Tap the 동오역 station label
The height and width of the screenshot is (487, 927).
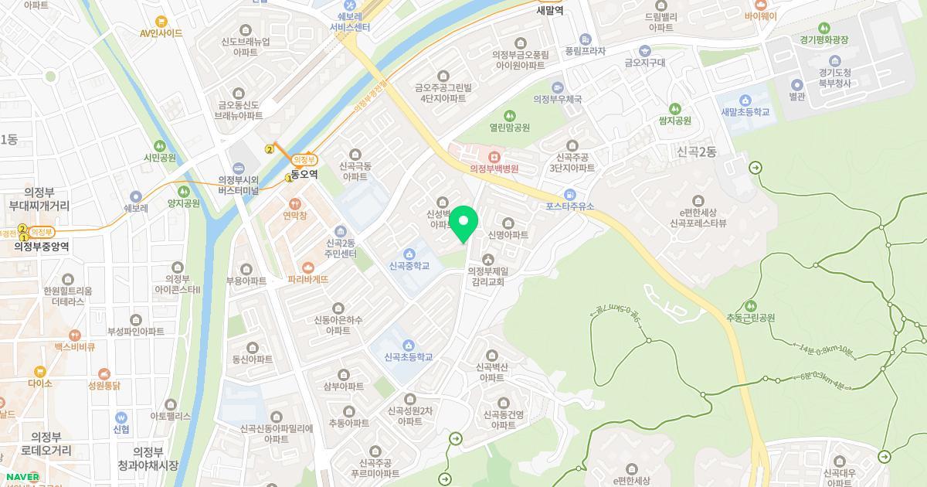304,175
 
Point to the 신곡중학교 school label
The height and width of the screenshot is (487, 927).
409,266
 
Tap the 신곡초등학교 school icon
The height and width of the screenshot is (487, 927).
408,345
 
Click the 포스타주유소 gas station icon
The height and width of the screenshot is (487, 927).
570,194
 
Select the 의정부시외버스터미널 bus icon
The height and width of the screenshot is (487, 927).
238,168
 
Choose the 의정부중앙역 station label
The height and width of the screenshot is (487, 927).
42,247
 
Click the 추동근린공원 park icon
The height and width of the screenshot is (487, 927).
749,305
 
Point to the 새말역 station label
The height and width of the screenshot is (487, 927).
551,11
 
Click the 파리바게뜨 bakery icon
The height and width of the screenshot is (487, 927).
309,266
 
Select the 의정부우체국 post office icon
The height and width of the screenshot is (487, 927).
558,87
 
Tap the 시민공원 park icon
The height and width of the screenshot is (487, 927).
160,145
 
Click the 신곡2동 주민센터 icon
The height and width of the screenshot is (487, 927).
340,231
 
